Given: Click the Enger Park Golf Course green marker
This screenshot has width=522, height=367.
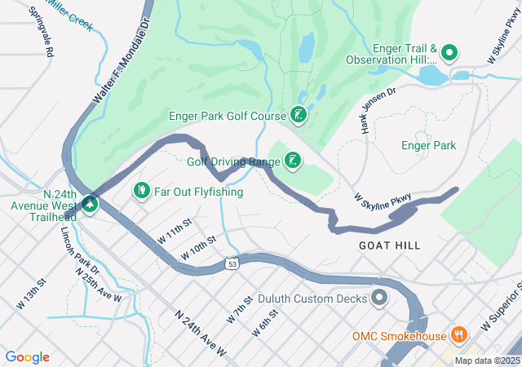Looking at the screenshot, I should pyautogui.click(x=299, y=116).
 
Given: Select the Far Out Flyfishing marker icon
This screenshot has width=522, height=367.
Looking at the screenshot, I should pyautogui.click(x=141, y=192).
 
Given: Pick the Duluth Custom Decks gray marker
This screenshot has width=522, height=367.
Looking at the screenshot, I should pyautogui.click(x=378, y=298).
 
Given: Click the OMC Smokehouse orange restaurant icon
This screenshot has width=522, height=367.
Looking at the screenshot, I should pyautogui.click(x=460, y=335).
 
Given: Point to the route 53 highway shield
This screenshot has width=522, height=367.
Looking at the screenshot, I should pyautogui.click(x=232, y=264).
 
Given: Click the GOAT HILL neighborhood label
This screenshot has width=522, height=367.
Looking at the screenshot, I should pyautogui.click(x=390, y=245).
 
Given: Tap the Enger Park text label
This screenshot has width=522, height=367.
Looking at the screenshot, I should pyautogui.click(x=428, y=146).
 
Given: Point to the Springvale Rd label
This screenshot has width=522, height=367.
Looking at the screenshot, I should pyautogui.click(x=40, y=31).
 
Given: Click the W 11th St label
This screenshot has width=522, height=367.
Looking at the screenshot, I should pyautogui.click(x=175, y=228).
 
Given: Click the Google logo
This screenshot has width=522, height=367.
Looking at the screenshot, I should pyautogui.click(x=28, y=357).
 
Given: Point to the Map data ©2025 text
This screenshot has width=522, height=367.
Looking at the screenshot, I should pyautogui.click(x=487, y=360).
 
